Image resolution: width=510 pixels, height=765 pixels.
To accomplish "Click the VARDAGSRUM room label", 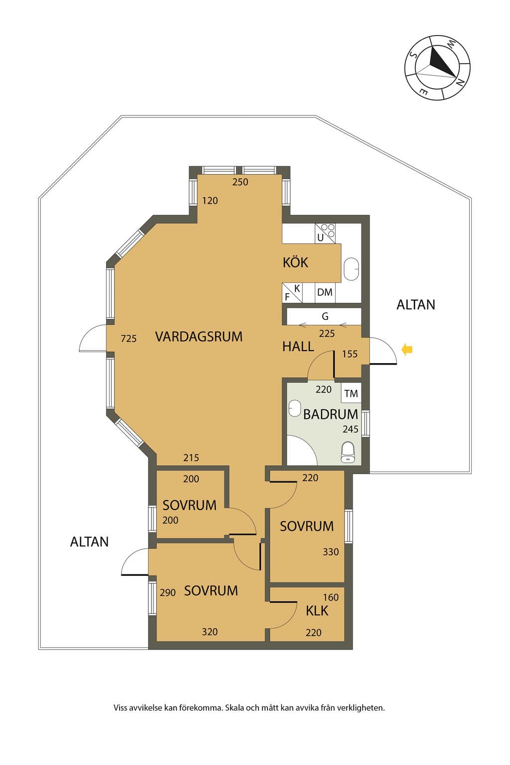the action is coord(198,336).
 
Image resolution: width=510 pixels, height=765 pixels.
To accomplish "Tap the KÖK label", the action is coord(295,262).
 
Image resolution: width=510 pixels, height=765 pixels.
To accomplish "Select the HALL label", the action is coord(298,346).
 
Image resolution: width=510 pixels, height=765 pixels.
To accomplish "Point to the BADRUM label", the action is coord(330,414).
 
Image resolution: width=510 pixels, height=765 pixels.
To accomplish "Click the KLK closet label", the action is coord(317,610).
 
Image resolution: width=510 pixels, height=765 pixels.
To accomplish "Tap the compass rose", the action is coord(437,67).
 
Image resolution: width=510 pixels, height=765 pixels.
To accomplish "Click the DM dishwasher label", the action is coord(325,292).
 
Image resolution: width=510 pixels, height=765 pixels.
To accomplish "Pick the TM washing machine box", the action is coord(351,393).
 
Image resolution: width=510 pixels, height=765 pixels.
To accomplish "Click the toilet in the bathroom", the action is coord(348,452).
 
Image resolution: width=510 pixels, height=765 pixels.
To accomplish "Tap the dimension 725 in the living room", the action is coord(128,339).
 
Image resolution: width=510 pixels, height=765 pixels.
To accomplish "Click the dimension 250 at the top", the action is coord(240,182).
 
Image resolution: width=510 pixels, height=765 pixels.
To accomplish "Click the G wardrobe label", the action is coord(325,316).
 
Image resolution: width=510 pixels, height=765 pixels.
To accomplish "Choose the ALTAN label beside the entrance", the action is coord(416,305).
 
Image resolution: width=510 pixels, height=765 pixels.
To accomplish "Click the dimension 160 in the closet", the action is coord(331,597).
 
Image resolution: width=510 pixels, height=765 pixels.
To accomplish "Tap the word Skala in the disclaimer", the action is coord(234,708).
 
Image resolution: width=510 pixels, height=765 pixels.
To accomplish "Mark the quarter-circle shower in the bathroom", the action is coord(302,450).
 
